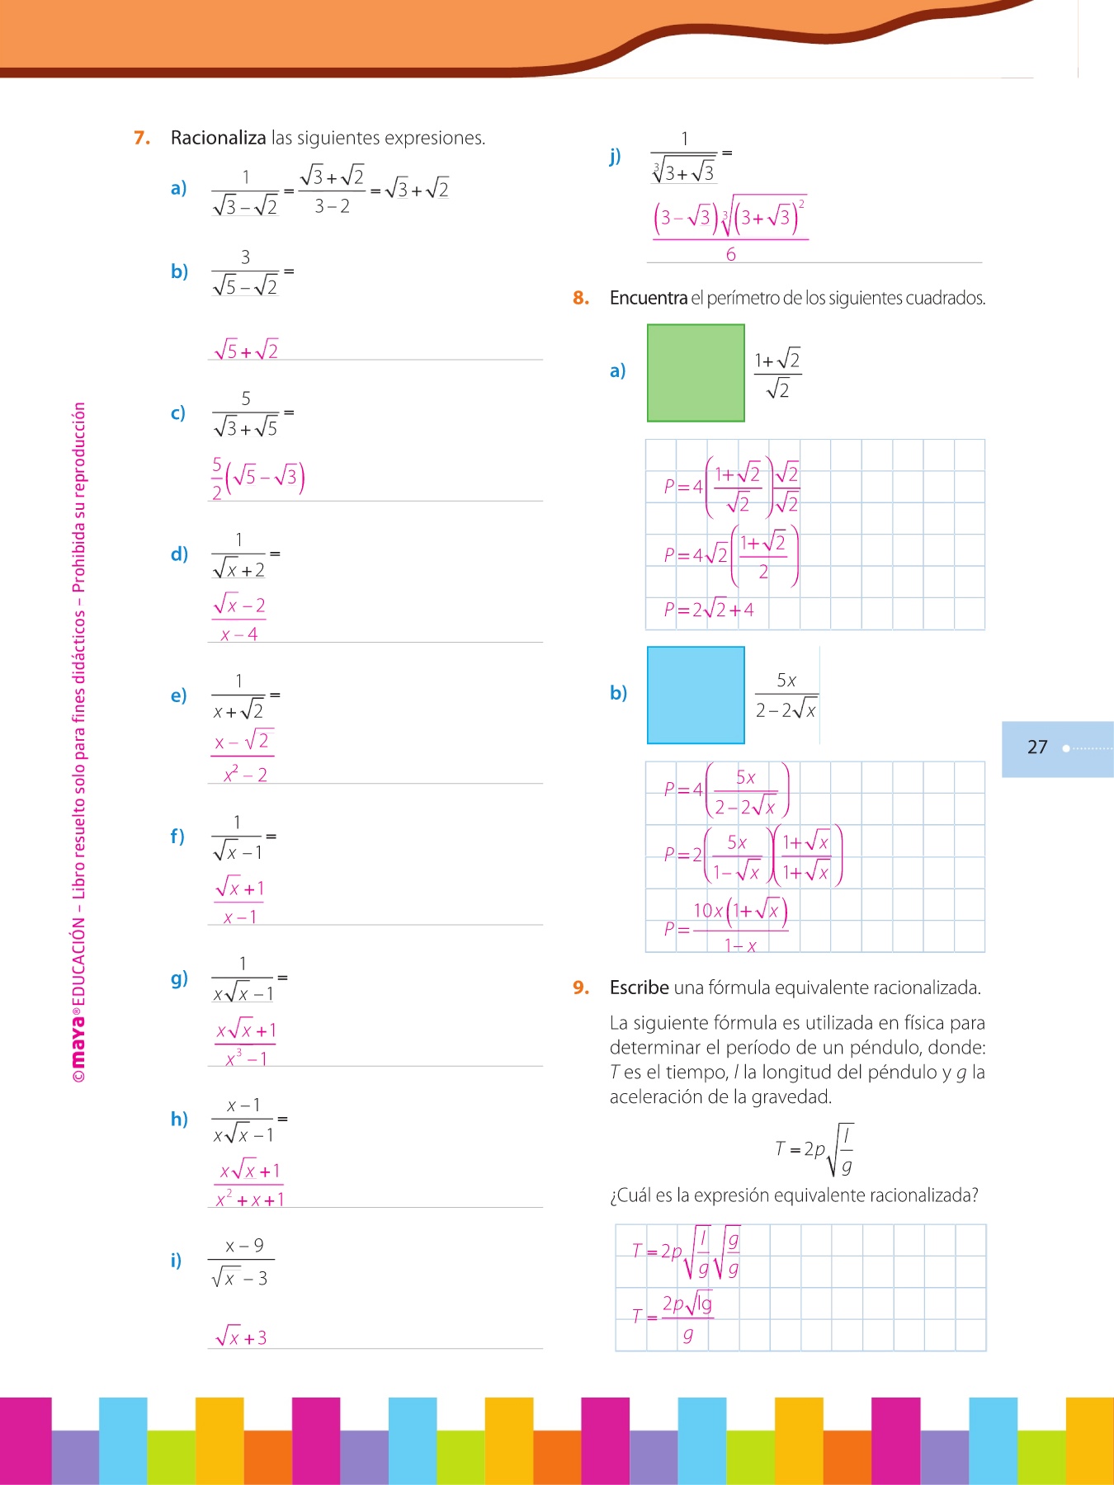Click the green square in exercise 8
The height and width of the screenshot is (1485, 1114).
click(696, 373)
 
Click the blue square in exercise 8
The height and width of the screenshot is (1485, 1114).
click(696, 695)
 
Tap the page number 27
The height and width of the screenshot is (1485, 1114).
click(1037, 747)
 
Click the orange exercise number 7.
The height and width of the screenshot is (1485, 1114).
click(142, 138)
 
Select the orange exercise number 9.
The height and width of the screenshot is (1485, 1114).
click(581, 988)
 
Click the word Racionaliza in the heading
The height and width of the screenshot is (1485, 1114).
click(218, 138)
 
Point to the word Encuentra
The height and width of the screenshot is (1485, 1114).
click(648, 298)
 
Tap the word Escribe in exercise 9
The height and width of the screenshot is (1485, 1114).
click(639, 988)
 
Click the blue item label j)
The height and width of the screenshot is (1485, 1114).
click(615, 156)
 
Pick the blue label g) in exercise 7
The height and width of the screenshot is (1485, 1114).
click(179, 978)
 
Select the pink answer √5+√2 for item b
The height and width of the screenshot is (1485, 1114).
click(246, 350)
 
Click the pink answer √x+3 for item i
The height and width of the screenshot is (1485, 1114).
click(241, 1336)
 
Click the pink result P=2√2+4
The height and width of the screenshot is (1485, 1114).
click(708, 610)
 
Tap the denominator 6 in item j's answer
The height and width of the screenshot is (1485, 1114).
click(730, 254)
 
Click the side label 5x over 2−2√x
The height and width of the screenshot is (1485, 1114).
click(786, 695)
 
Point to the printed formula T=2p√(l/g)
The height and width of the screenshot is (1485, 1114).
click(814, 1148)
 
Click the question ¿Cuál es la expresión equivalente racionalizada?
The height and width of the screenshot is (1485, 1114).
click(794, 1195)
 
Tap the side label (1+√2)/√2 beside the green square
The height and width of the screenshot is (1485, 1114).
click(777, 373)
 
